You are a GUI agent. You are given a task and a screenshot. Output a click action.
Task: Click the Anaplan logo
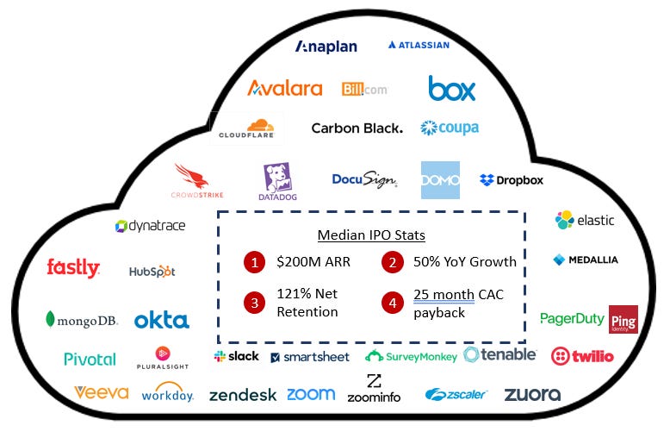tap(326, 47)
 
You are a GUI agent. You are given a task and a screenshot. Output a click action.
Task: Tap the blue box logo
tap(451, 88)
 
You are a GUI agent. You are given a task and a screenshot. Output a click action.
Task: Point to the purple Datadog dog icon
tap(277, 178)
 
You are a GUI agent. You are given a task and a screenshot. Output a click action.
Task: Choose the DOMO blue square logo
tap(440, 180)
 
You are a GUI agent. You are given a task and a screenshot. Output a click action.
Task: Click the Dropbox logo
tap(512, 180)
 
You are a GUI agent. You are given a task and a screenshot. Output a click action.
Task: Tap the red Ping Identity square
tap(623, 319)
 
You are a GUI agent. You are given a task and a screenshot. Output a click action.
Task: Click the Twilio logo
tap(582, 355)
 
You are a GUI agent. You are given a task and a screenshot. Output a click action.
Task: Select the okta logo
tap(161, 321)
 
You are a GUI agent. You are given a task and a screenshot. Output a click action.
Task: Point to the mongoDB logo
tap(81, 321)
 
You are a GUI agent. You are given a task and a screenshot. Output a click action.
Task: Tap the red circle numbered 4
tap(392, 303)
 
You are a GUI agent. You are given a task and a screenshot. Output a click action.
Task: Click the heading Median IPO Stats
tap(371, 235)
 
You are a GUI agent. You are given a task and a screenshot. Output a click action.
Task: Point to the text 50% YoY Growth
tap(464, 262)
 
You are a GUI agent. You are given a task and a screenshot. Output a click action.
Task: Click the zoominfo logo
tap(374, 390)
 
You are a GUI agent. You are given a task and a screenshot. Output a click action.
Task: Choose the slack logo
tap(237, 356)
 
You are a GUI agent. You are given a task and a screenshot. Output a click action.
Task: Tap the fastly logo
tap(73, 268)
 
